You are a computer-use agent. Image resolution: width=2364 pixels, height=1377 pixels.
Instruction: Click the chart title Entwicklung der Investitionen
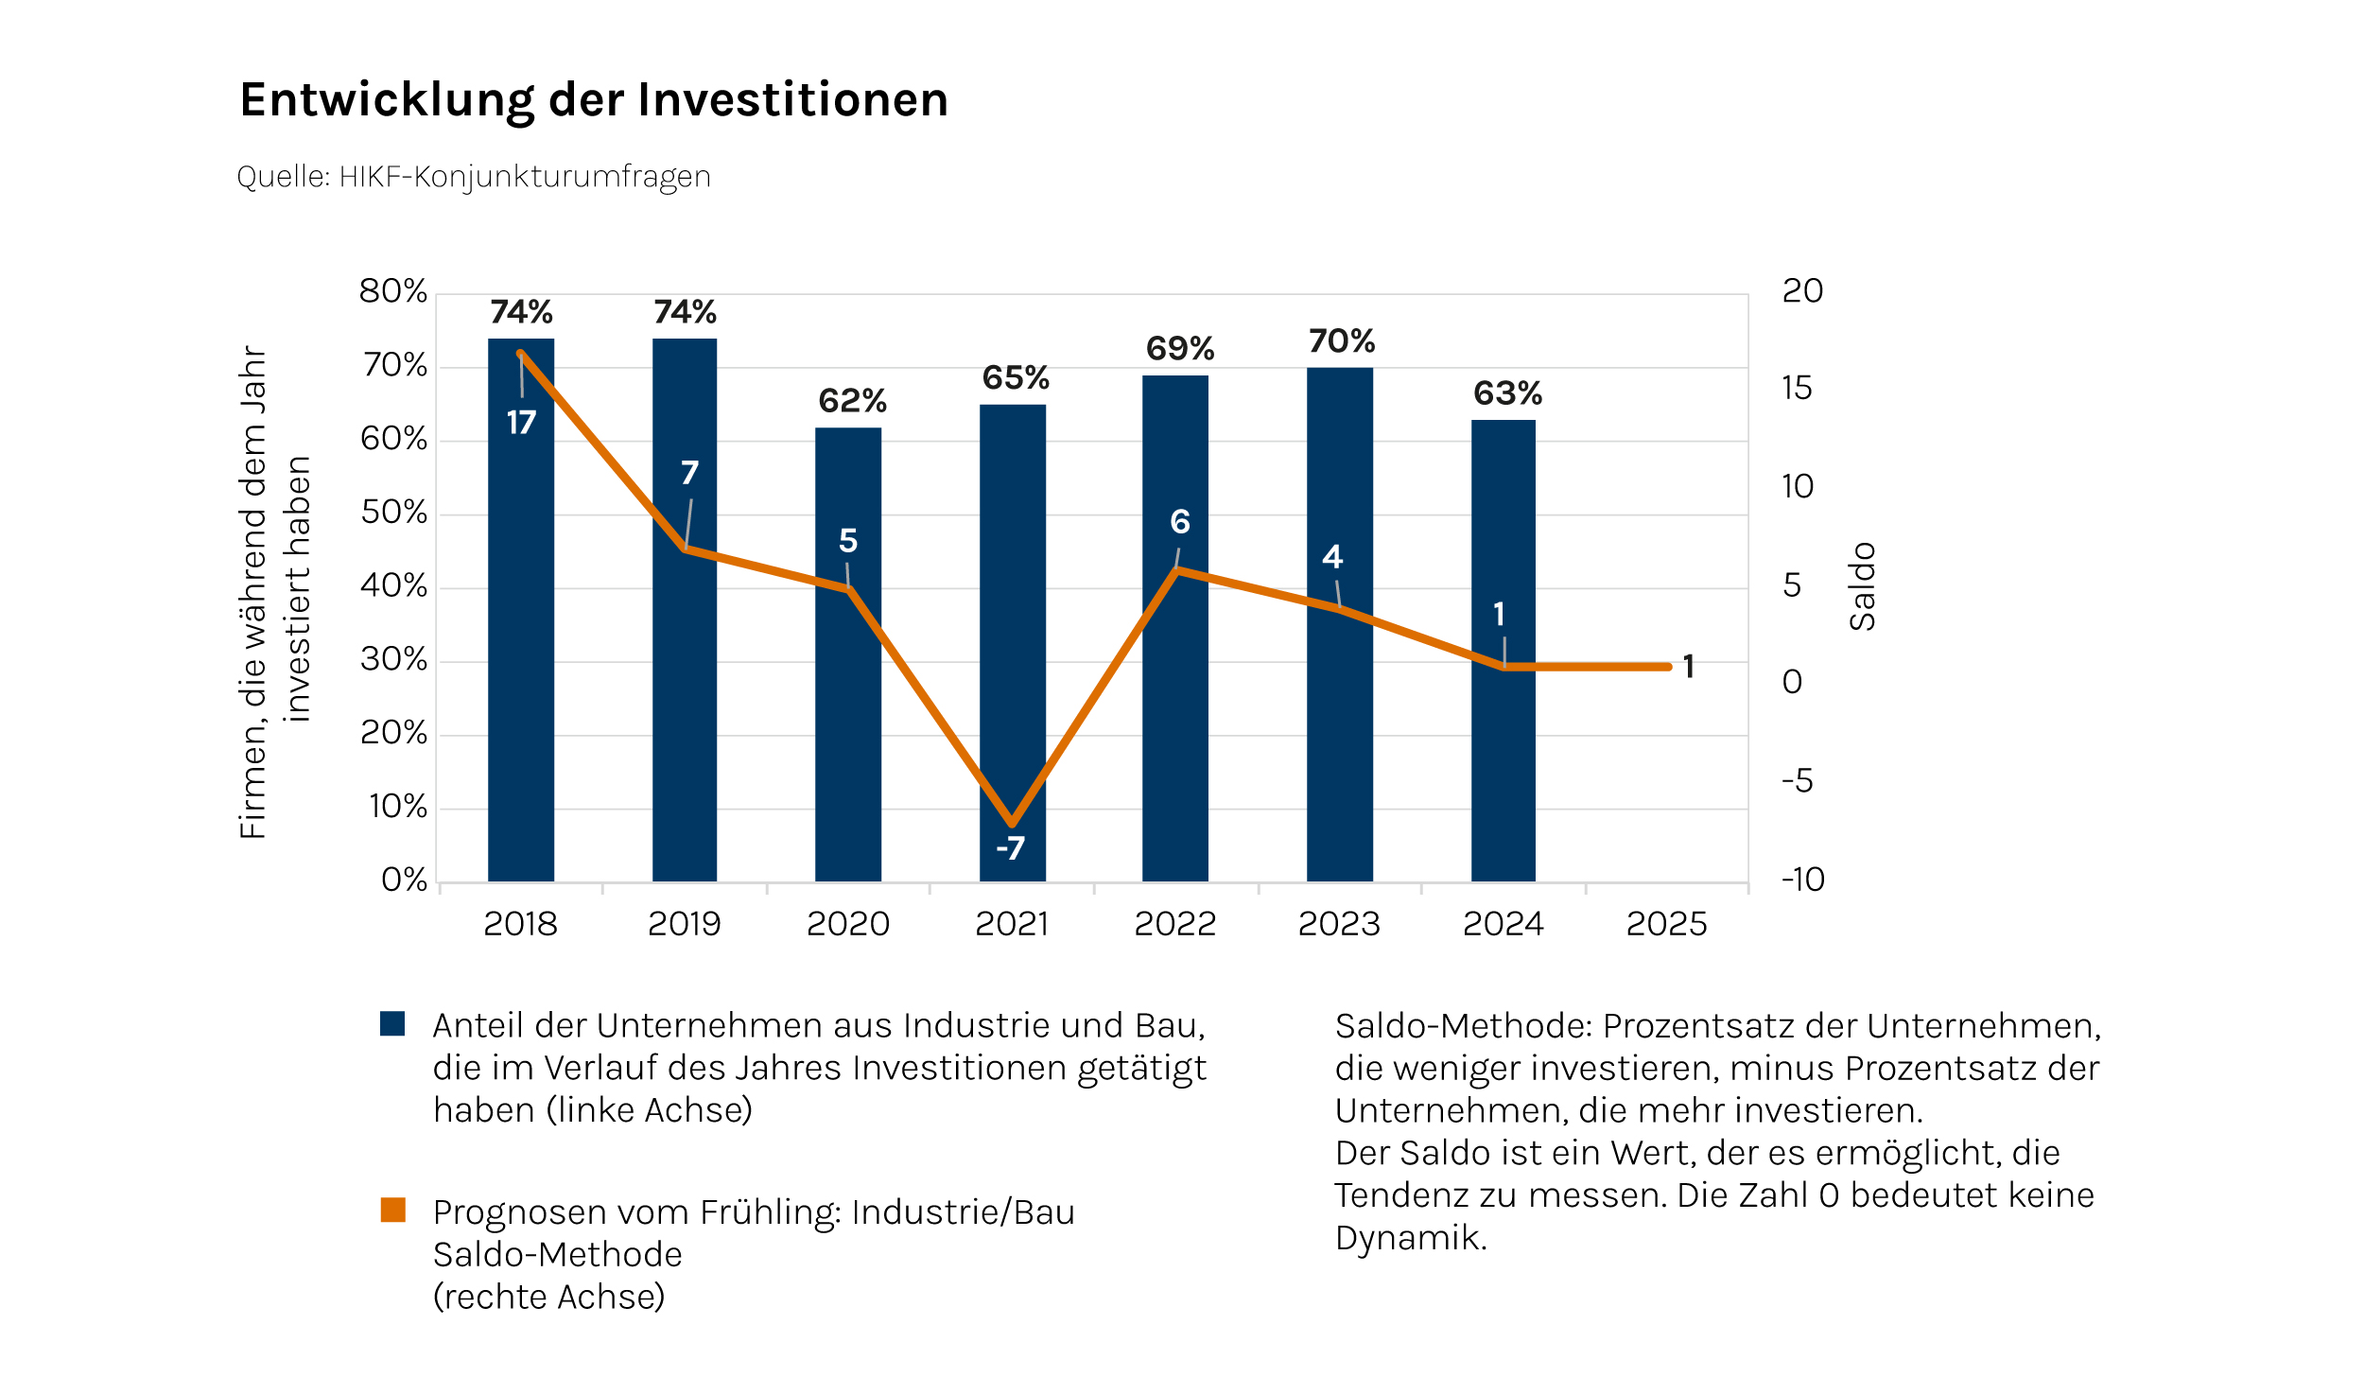pos(594,100)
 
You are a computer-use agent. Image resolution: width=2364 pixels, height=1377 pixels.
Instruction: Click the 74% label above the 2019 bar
pos(685,312)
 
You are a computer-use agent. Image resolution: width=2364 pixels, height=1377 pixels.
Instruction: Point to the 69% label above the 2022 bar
pos(1179,349)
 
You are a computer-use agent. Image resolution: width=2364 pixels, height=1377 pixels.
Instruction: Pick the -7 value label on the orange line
pos(1010,848)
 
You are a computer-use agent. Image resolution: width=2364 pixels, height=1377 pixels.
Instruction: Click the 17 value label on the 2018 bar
pos(521,423)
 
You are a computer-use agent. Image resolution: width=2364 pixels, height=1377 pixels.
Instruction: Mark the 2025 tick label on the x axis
pos(1666,924)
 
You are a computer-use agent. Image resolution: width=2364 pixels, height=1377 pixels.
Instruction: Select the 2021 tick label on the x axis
pos(1012,924)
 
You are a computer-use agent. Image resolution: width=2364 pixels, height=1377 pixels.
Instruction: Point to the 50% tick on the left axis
pos(393,513)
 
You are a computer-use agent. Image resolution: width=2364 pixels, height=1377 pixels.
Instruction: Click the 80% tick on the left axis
pos(393,291)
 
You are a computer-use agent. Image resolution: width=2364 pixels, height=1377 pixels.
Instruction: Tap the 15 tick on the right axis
pos(1797,389)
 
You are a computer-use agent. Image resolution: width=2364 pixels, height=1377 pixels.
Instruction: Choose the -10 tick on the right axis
pos(1802,880)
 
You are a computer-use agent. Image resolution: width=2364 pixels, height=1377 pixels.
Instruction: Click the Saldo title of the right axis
pos(1862,586)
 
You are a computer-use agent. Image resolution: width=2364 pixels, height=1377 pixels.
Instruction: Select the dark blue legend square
pos(392,1023)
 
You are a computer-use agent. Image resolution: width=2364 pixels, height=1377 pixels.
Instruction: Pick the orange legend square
pos(392,1210)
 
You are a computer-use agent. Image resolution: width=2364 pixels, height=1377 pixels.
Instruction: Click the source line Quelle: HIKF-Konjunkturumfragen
pos(474,177)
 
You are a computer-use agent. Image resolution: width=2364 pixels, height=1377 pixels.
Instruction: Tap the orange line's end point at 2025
pos(1668,667)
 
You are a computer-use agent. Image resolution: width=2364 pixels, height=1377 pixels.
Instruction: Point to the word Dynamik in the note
pos(1410,1238)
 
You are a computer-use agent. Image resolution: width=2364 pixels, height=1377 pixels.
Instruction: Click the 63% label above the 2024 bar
pos(1507,393)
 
